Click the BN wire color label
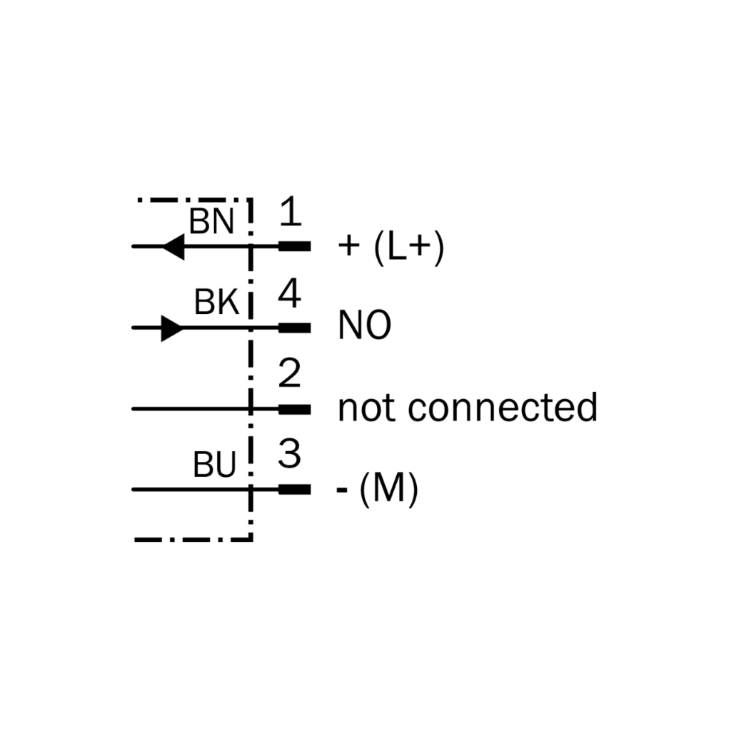point(211,221)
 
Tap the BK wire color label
point(216,302)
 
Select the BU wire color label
point(214,464)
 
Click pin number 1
point(290,211)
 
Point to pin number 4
point(290,293)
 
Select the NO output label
point(365,325)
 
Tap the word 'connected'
point(503,407)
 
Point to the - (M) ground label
point(378,489)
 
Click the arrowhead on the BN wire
point(173,246)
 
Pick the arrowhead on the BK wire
point(173,328)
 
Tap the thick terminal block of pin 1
point(295,246)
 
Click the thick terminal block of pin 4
point(295,328)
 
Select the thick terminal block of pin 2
point(295,409)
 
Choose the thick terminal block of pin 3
point(295,490)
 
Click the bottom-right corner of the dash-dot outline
point(251,540)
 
